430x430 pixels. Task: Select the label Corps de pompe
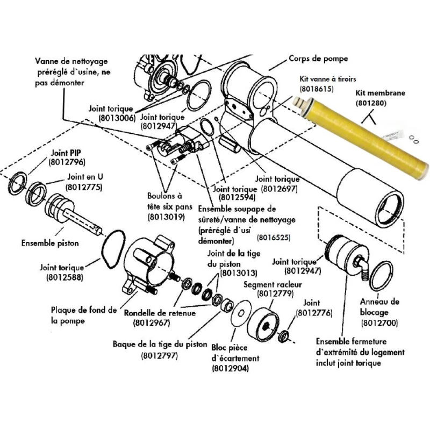318,59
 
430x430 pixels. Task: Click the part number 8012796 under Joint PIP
67,162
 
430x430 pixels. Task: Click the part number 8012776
314,312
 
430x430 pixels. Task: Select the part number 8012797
160,355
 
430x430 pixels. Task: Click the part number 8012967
151,323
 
